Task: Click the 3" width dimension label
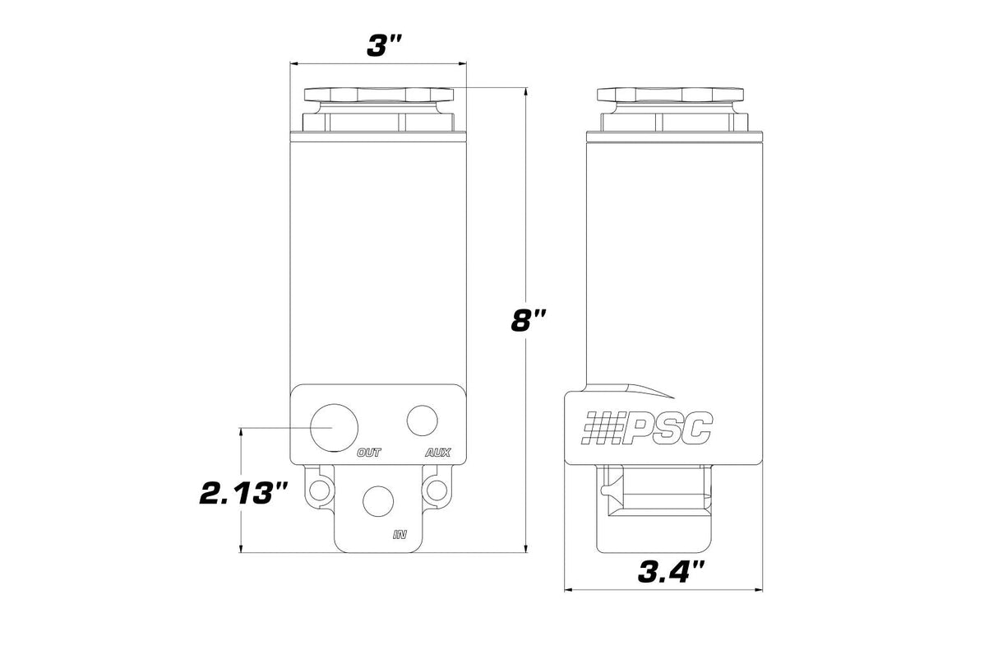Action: (x=385, y=46)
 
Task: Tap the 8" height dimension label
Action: (x=529, y=320)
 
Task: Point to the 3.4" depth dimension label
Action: (x=672, y=573)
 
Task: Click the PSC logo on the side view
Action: (x=647, y=428)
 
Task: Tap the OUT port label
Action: (x=369, y=453)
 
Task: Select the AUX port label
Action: (x=438, y=453)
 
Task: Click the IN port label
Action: (x=400, y=534)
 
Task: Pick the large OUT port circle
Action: (x=334, y=428)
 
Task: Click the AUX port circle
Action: (x=423, y=421)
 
